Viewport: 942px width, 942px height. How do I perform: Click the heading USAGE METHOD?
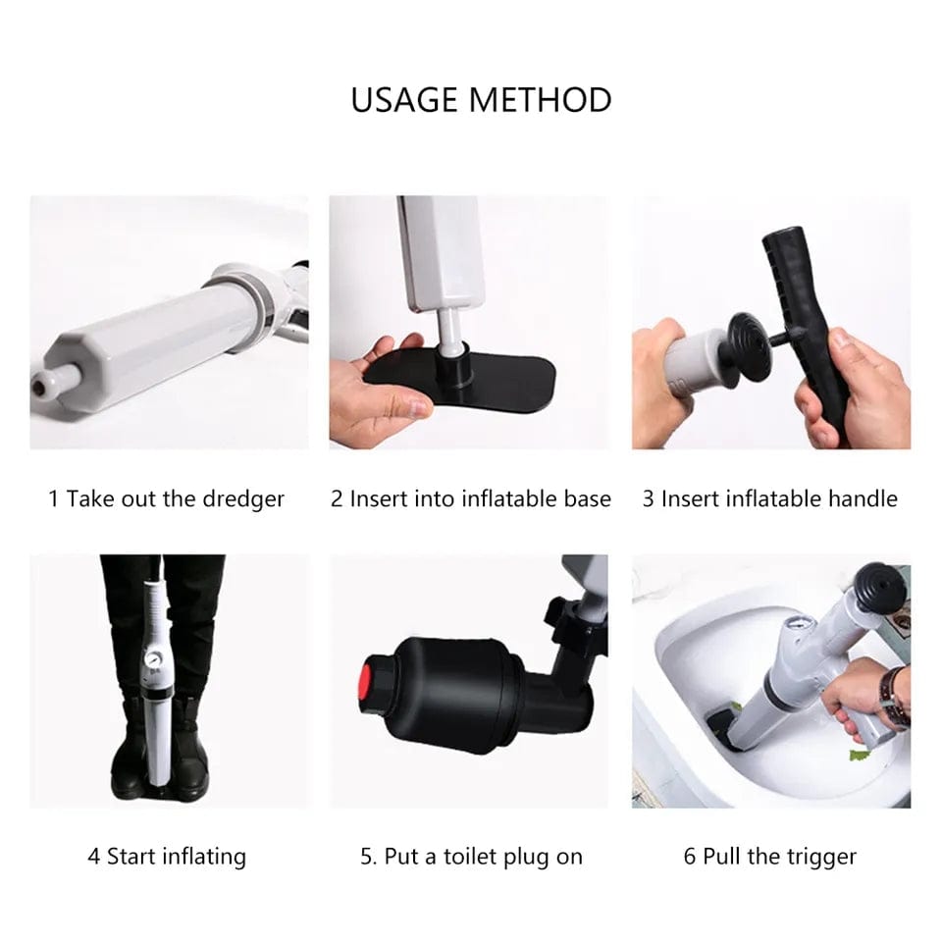pyautogui.click(x=481, y=100)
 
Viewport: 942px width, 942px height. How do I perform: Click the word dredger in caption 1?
pyautogui.click(x=242, y=498)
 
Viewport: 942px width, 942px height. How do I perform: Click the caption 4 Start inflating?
pyautogui.click(x=167, y=857)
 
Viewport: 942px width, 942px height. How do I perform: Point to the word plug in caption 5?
pyautogui.click(x=526, y=857)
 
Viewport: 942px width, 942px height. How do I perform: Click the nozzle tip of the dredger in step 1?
pyautogui.click(x=40, y=386)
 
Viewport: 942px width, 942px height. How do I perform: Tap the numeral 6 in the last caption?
pyautogui.click(x=690, y=857)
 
